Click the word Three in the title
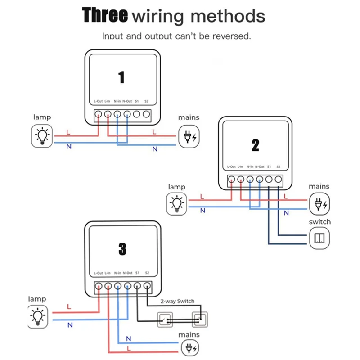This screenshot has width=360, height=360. pos(105,15)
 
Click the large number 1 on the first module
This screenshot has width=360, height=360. pos(121,77)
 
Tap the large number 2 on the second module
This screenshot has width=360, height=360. pos(256,145)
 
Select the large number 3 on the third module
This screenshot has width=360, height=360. pos(122,249)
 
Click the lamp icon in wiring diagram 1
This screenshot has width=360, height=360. pos(42,135)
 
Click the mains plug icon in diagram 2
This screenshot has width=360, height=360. pos(320,203)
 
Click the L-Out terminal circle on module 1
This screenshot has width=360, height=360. pos(99,114)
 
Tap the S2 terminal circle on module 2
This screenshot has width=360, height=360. pos(279,180)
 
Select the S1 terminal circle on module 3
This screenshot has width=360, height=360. pos(137,286)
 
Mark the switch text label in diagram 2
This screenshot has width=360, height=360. pos(320,222)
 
